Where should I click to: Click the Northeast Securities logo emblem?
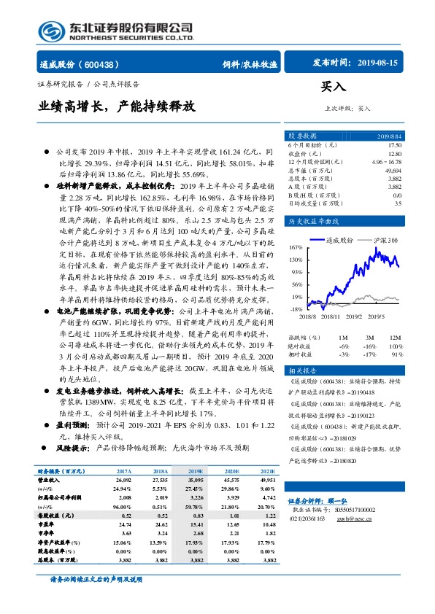pos(52,30)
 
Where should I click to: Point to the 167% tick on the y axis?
pos(296,247)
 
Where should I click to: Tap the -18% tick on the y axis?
pos(296,309)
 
